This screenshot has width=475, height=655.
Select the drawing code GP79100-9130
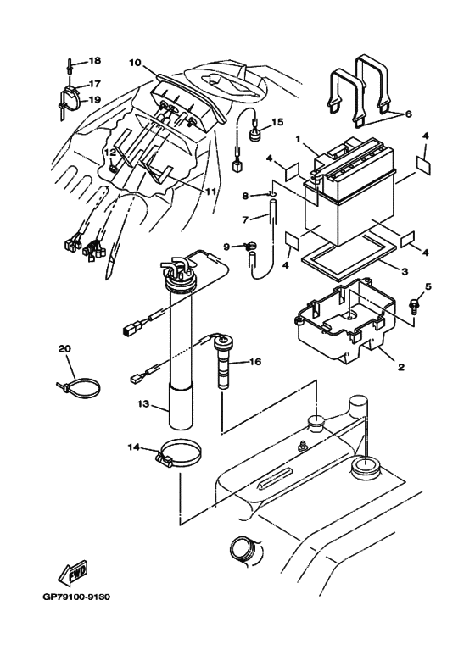pyautogui.click(x=76, y=597)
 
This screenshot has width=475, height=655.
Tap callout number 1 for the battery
pyautogui.click(x=298, y=138)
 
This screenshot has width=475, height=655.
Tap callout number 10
pyautogui.click(x=135, y=62)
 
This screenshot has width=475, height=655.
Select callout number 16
pyautogui.click(x=254, y=362)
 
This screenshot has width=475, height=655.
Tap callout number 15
pyautogui.click(x=277, y=123)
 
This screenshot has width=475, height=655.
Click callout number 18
pyautogui.click(x=94, y=61)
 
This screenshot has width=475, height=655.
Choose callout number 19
pyautogui.click(x=94, y=99)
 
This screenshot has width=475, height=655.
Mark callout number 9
pyautogui.click(x=226, y=247)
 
